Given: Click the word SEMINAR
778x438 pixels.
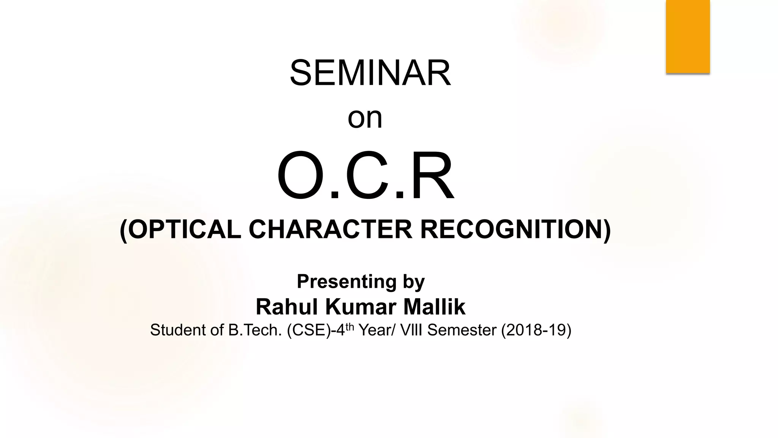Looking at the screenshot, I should pos(370,73).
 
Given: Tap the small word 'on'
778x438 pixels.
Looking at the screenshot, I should pos(365,118).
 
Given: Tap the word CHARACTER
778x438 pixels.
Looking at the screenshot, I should pos(330,230).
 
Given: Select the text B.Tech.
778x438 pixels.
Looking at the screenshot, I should pos(255,330).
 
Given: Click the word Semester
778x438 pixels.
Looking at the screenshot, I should pos(462,330).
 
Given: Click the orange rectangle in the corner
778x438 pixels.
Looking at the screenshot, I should pos(688,36).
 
